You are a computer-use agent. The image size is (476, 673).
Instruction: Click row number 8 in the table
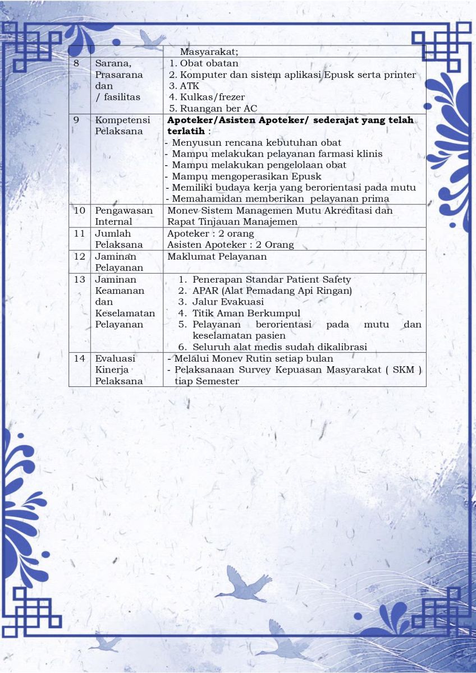[76, 63]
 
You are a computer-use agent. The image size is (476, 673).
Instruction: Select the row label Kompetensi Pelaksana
[119, 126]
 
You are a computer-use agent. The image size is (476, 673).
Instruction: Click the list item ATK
[189, 86]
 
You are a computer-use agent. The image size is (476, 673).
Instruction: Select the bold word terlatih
[186, 131]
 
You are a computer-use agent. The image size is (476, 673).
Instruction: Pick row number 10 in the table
[79, 210]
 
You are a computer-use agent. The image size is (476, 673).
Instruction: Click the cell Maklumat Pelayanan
[217, 256]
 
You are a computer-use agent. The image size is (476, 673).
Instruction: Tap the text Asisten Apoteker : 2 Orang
[230, 245]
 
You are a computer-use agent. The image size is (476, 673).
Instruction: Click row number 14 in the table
[79, 358]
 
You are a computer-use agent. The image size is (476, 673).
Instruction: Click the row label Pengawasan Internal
[123, 216]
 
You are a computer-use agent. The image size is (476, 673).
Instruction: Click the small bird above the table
[151, 40]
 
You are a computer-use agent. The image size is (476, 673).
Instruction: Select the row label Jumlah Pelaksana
[119, 239]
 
